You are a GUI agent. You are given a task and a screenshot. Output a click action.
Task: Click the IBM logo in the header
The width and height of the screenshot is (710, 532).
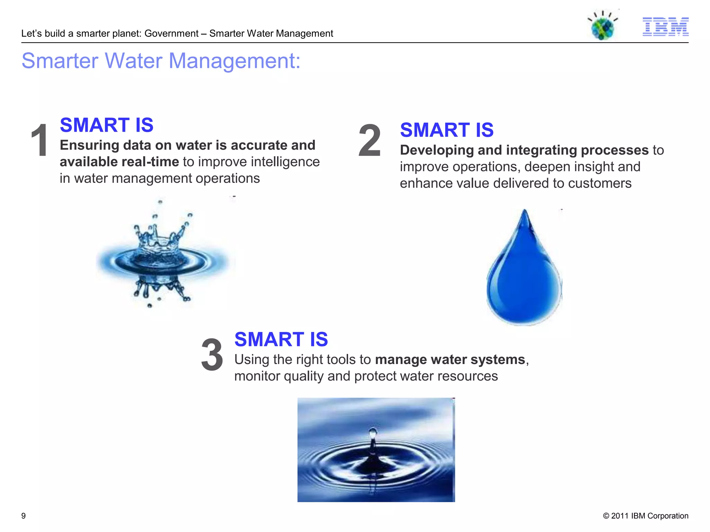point(665,26)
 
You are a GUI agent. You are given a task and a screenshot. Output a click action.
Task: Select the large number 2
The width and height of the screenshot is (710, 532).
point(370,141)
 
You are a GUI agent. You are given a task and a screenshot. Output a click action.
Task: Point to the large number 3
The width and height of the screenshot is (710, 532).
point(212,355)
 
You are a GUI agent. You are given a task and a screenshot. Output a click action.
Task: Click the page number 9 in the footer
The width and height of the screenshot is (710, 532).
point(24,516)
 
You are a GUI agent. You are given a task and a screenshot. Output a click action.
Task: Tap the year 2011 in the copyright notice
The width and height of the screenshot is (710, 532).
point(620,516)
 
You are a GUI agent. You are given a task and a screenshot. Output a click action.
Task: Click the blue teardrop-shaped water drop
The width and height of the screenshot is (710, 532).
point(524,274)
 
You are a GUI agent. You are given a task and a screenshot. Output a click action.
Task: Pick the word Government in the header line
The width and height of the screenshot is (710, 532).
point(171,34)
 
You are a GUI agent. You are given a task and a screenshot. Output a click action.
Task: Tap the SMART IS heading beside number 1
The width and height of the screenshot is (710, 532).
point(106,125)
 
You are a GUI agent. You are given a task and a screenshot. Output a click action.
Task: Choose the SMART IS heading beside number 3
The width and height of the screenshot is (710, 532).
point(281,339)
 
